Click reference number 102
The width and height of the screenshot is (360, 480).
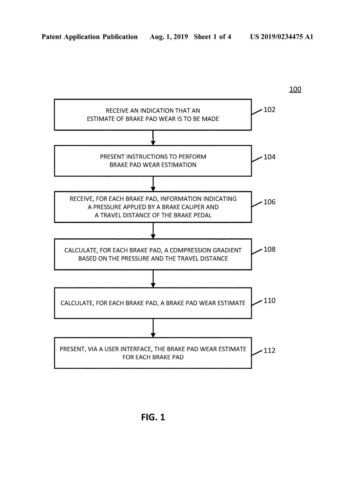(269, 109)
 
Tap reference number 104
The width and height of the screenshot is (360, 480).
(269, 157)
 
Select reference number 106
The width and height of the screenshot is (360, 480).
(269, 202)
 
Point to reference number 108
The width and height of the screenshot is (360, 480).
(269, 249)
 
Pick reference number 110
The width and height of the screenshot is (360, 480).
(269, 300)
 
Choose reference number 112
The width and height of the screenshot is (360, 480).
(269, 350)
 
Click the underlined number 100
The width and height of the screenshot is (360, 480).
(295, 89)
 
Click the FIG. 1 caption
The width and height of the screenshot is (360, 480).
(153, 417)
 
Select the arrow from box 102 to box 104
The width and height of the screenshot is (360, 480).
(153, 138)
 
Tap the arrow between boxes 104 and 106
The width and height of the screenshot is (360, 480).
(153, 184)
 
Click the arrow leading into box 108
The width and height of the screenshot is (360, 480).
(153, 231)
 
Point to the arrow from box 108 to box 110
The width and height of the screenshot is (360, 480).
(153, 279)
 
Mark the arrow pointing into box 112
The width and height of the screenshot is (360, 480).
(153, 328)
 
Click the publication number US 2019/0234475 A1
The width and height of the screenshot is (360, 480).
(281, 37)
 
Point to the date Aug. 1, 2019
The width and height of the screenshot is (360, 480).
(169, 37)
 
